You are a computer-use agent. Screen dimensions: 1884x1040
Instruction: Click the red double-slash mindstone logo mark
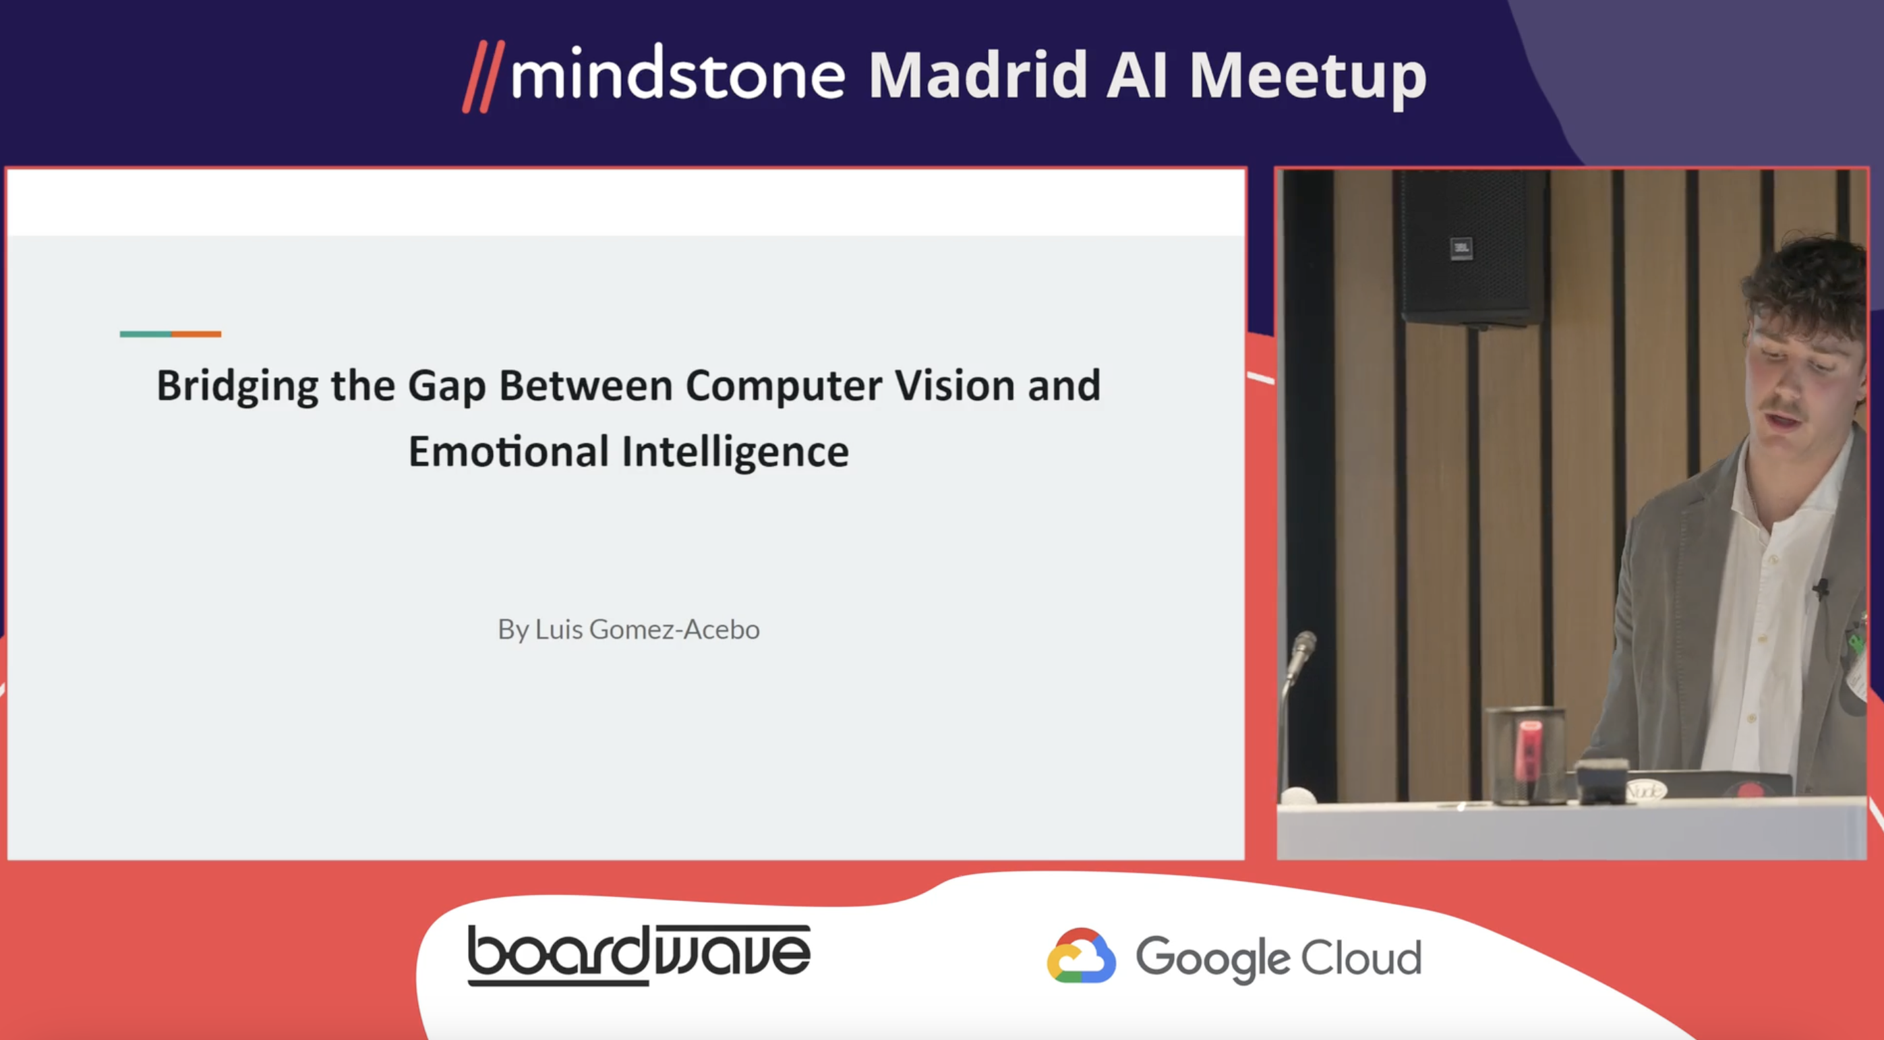click(x=483, y=77)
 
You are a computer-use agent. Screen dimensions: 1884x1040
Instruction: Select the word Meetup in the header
click(x=1307, y=78)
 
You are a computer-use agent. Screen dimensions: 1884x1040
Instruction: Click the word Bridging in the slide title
click(x=237, y=386)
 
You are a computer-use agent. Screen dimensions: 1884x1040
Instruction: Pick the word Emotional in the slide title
click(x=508, y=451)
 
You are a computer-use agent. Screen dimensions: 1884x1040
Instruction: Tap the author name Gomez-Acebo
click(x=674, y=629)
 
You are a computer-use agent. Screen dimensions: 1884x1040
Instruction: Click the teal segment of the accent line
click(x=146, y=335)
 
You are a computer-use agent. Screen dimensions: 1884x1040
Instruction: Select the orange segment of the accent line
click(x=196, y=335)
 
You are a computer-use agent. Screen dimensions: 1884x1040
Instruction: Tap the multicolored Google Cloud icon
click(x=1081, y=955)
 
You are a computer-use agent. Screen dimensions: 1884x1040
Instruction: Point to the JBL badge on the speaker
click(x=1461, y=248)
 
